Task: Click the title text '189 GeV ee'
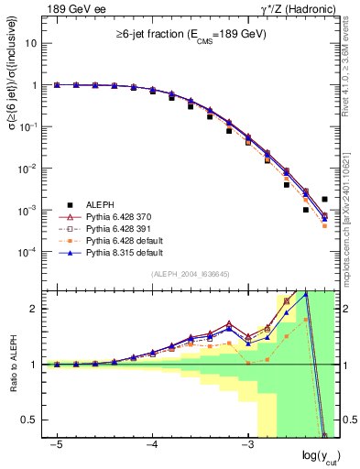72,9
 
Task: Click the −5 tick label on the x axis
57,445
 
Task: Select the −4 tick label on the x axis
152,445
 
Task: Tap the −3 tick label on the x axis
247,445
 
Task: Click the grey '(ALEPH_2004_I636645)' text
191,275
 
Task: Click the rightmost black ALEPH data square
325,199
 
